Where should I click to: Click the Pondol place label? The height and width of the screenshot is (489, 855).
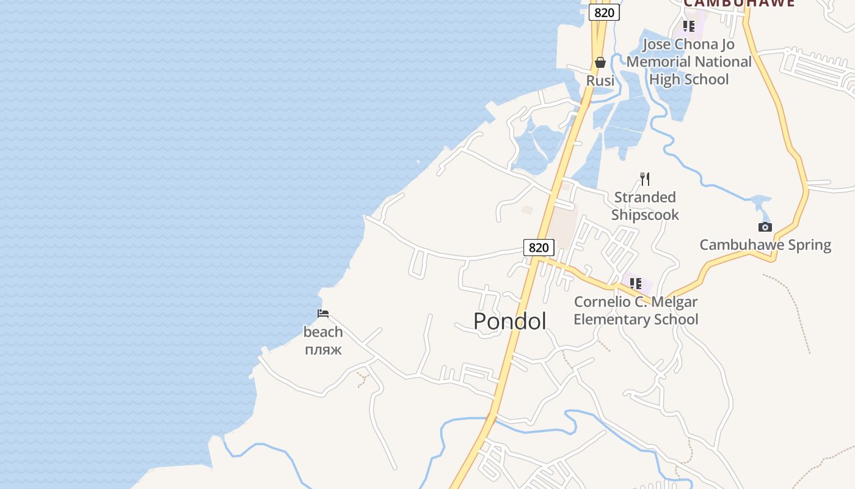pos(509,322)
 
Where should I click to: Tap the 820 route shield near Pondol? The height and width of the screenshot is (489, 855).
pos(539,248)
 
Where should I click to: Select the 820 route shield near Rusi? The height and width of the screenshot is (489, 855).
pos(604,13)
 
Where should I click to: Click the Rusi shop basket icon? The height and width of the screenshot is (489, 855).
pos(600,62)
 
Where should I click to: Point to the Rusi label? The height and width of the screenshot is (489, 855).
pos(600,81)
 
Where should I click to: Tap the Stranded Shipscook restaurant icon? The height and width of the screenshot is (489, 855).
pos(645,178)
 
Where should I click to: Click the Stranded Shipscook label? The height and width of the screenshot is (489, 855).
pos(645,206)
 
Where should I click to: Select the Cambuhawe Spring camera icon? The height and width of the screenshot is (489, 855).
pos(765,227)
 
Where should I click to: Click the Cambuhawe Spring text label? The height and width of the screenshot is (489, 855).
pos(765,245)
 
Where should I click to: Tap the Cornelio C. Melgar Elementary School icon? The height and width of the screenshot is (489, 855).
pos(636,284)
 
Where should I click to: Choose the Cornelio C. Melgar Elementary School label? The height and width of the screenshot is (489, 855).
pos(636,311)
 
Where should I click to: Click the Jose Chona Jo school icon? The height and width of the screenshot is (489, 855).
pos(689,26)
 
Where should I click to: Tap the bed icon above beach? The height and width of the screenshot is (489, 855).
pos(323,314)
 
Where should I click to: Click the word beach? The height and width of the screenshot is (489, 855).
pos(323,332)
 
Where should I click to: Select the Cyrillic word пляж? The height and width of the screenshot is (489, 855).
pos(323,350)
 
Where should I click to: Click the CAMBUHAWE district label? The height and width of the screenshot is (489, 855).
pos(739,3)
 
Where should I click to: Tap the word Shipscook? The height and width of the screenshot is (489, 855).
pos(645,215)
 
